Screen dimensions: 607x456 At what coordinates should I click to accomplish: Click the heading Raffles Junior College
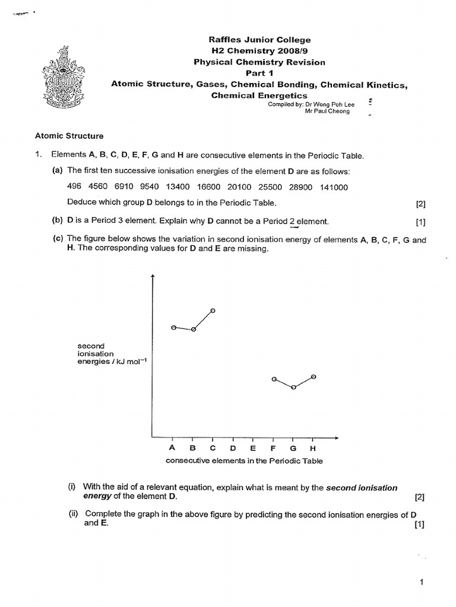point(260,40)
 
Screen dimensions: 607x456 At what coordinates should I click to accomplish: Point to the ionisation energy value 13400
point(177,187)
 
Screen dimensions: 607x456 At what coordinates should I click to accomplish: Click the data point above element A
point(173,327)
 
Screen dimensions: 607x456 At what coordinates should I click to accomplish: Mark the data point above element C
point(213,311)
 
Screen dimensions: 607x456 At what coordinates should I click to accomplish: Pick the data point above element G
point(293,389)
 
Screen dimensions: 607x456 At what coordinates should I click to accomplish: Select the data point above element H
point(313,376)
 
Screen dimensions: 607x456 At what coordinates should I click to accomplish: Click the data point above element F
point(273,378)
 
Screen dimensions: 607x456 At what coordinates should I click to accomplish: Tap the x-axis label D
point(233,448)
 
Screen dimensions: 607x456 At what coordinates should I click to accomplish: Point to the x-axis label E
point(253,448)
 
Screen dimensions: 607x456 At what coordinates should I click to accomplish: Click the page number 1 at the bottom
point(421,583)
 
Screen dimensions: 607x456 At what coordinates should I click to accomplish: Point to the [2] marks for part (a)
point(421,204)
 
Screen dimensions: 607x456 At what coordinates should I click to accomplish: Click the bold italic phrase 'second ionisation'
point(362,488)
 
